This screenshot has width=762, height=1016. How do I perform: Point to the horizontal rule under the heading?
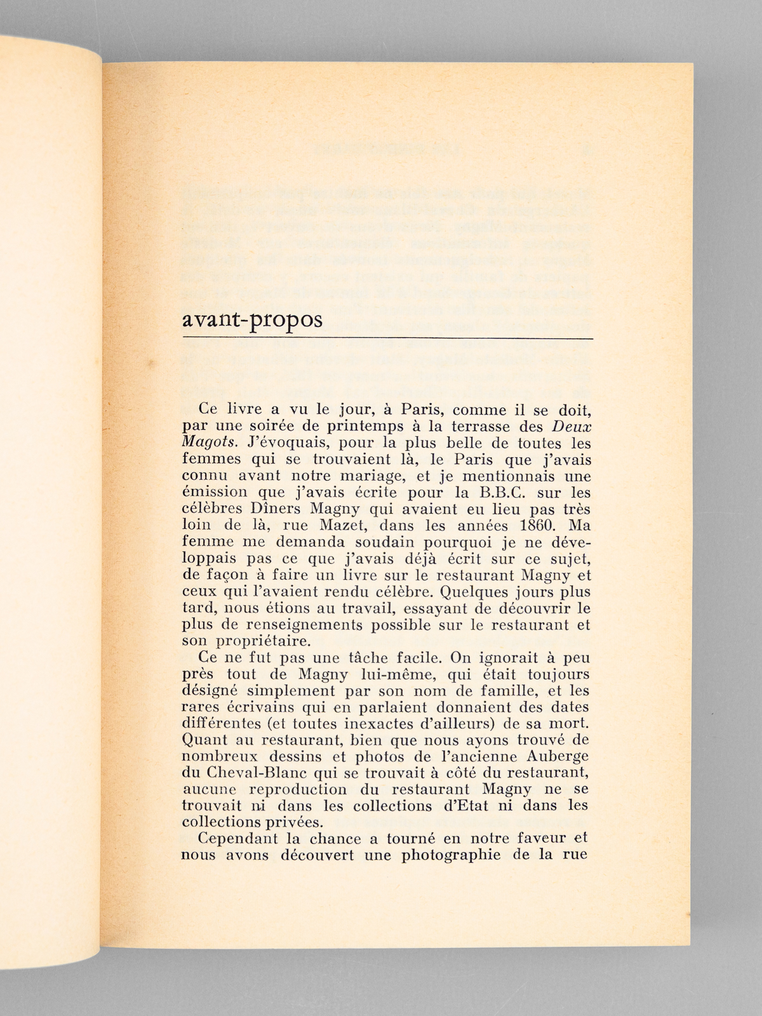(387, 340)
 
